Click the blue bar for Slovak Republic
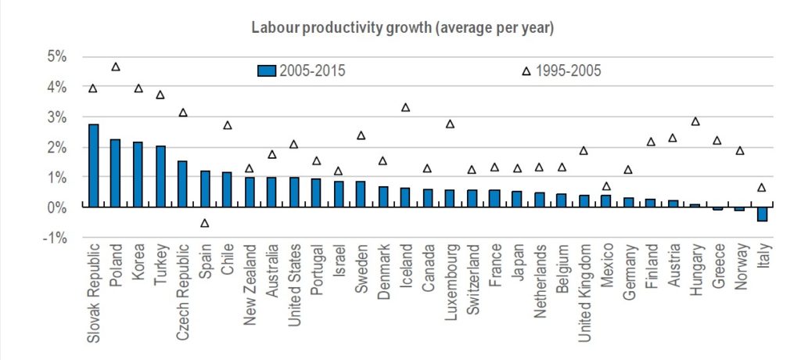[x=93, y=165]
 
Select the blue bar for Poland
[x=116, y=173]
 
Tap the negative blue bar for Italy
[x=763, y=214]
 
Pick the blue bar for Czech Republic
[x=183, y=184]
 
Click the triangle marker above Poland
[x=116, y=67]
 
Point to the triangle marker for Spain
[x=205, y=223]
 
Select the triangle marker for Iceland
[x=405, y=107]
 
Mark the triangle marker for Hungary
[x=695, y=121]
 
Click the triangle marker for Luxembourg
[x=450, y=124]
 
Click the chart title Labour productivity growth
[x=402, y=27]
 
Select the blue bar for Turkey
[x=160, y=176]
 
